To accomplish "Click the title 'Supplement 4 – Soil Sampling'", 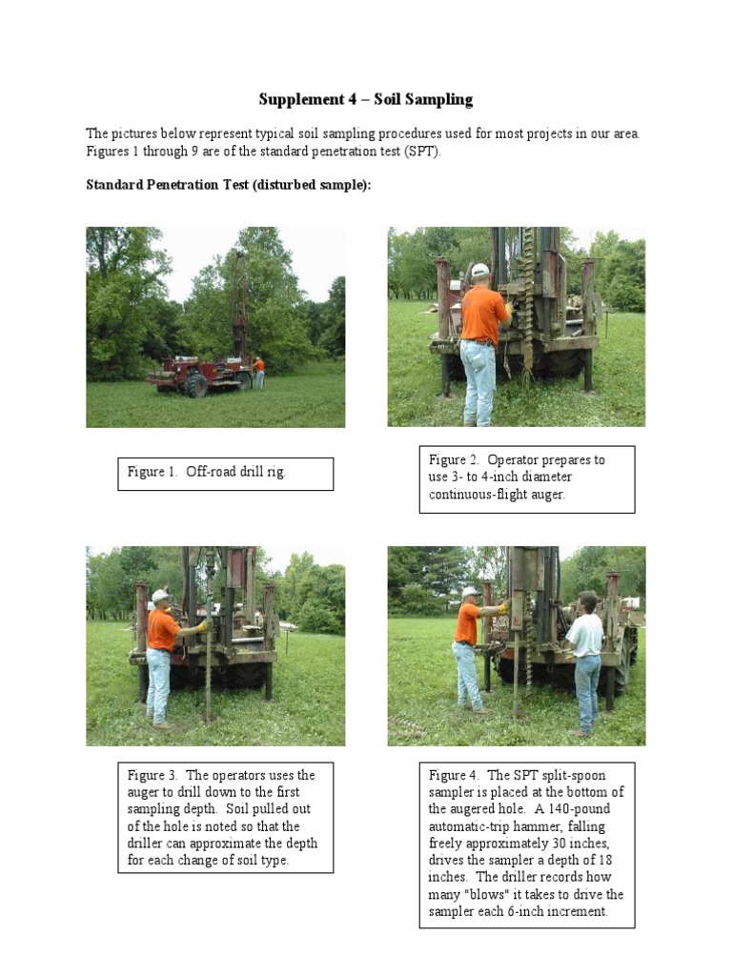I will (x=365, y=99).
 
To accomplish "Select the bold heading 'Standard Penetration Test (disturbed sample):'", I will (x=228, y=185).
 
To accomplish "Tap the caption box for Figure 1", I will (x=225, y=473).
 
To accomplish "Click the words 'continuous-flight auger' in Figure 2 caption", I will (x=497, y=495).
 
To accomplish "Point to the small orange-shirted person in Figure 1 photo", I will (x=258, y=372).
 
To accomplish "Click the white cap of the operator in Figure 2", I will (x=480, y=271).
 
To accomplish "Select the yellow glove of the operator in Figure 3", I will (x=202, y=626).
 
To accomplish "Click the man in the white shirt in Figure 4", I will (x=585, y=658).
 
